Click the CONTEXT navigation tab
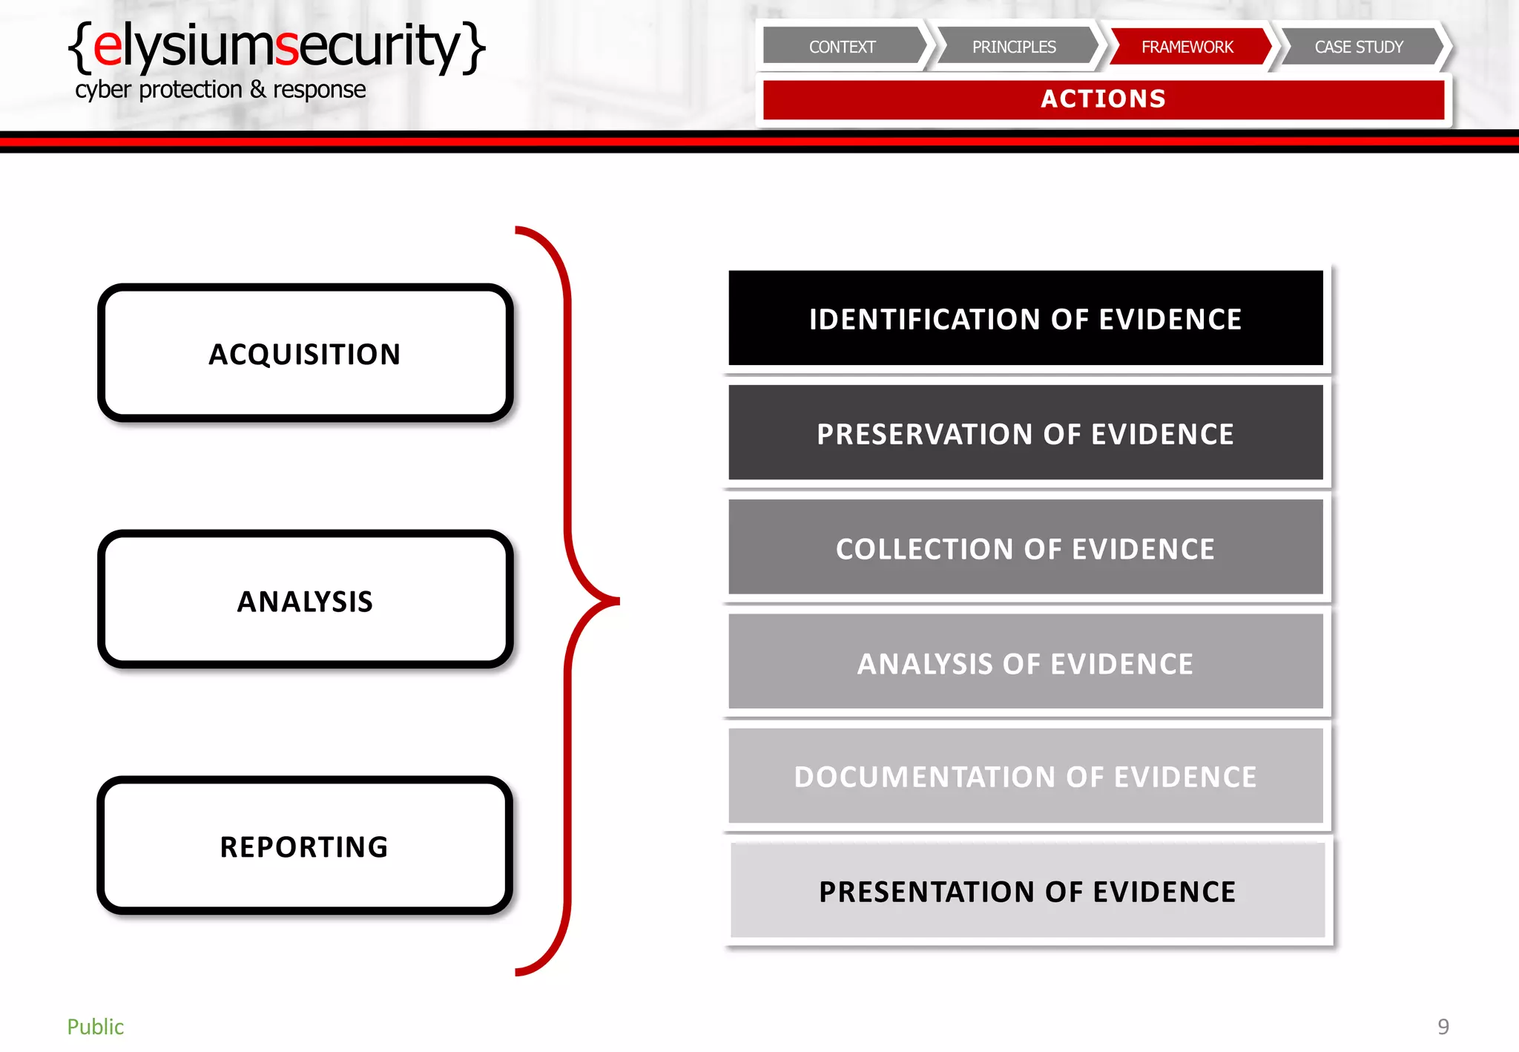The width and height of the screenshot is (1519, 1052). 843,47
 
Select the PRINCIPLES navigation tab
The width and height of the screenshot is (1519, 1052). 1014,47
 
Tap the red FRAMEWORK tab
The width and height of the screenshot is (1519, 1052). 1187,47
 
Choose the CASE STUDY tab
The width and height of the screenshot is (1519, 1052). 1359,47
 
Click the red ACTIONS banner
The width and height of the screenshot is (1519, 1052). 1103,99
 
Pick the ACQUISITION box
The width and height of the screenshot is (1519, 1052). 305,354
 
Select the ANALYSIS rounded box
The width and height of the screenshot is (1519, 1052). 305,600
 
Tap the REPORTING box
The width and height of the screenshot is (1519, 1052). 305,846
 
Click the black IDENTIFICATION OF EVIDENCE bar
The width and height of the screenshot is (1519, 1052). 1026,318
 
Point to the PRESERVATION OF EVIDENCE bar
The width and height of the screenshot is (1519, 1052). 1026,433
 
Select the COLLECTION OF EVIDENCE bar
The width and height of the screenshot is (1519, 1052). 1026,548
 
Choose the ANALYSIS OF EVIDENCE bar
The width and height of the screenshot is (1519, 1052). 1026,663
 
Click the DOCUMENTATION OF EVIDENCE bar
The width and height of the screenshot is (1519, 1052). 1026,777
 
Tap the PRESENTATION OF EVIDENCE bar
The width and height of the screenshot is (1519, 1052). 1027,891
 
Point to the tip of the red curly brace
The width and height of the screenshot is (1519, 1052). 617,601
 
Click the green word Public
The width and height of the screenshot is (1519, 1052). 96,1027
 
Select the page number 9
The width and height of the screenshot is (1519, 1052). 1443,1027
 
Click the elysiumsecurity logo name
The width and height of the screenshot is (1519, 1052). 277,46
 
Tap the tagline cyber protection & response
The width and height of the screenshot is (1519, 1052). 220,90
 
